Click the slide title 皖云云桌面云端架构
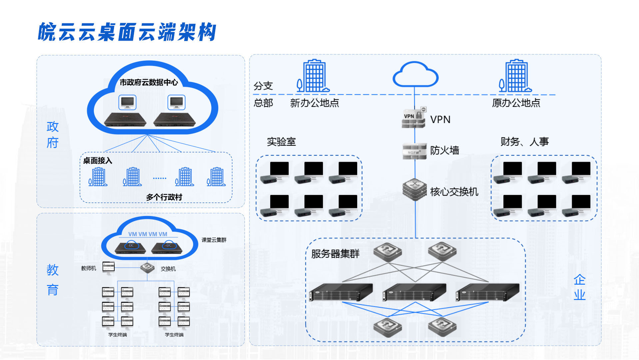(x=127, y=32)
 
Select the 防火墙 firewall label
(x=444, y=150)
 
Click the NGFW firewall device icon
(x=414, y=151)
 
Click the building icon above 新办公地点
(x=313, y=76)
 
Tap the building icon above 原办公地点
(x=515, y=76)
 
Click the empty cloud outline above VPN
(x=415, y=75)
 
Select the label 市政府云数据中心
(x=149, y=82)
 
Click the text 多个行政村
(x=164, y=197)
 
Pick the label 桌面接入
(x=97, y=161)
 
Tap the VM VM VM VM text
(x=148, y=234)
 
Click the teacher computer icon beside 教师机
(x=108, y=267)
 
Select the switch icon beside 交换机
(x=147, y=268)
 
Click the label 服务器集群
(x=335, y=254)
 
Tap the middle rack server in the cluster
(x=414, y=292)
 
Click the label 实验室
(x=281, y=142)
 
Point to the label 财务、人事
(x=524, y=142)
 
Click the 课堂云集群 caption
(x=214, y=240)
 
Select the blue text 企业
(x=579, y=287)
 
